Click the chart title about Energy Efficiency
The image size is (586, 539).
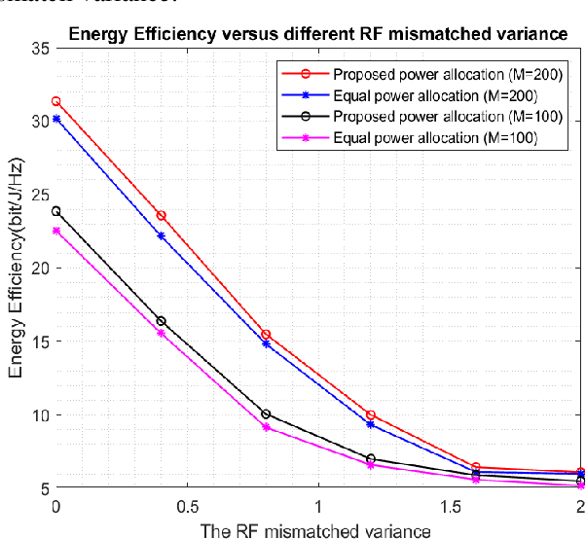click(x=316, y=35)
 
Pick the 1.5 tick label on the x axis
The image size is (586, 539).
click(x=451, y=506)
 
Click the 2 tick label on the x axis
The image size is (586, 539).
click(x=581, y=506)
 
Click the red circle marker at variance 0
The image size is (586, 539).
click(x=56, y=101)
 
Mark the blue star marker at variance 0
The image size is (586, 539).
click(x=56, y=119)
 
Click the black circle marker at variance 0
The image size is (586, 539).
click(x=56, y=211)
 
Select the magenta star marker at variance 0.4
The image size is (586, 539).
click(x=162, y=333)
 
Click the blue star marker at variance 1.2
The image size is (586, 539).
click(x=371, y=424)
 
